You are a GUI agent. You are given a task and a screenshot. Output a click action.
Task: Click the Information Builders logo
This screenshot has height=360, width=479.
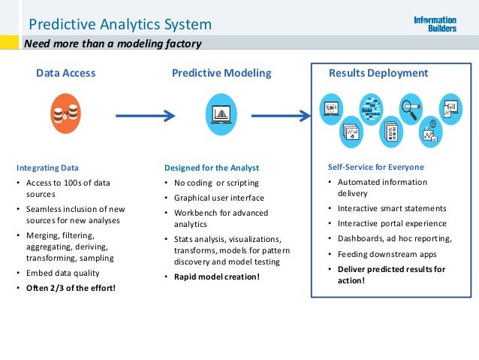pos(435,24)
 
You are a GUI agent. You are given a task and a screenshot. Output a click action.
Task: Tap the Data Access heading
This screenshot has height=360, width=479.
pos(66,74)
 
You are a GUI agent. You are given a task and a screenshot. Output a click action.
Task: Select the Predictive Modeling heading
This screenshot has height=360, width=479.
pos(221,74)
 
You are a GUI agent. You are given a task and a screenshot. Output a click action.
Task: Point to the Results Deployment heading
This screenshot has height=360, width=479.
pos(378,74)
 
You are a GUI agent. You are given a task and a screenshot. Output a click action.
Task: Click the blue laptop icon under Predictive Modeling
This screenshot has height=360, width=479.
pos(221,115)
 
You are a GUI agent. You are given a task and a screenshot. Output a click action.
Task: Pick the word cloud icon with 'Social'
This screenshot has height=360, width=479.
pos(371,109)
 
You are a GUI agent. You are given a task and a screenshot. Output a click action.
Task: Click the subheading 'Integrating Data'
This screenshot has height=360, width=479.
pos(47,168)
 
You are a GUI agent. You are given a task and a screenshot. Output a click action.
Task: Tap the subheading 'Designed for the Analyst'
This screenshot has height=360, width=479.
pos(211,168)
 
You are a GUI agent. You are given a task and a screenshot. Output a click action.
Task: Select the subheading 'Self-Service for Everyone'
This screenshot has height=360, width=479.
pos(375,167)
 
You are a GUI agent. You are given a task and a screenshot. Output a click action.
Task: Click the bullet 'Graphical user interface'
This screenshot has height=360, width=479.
pos(219,198)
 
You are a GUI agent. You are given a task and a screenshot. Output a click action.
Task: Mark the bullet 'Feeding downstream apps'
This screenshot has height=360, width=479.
pos(387,254)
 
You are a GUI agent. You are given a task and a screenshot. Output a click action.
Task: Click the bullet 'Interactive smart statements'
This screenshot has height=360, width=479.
pos(392,208)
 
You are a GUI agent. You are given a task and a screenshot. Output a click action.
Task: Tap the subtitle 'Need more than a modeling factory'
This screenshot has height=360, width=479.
pos(113,44)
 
